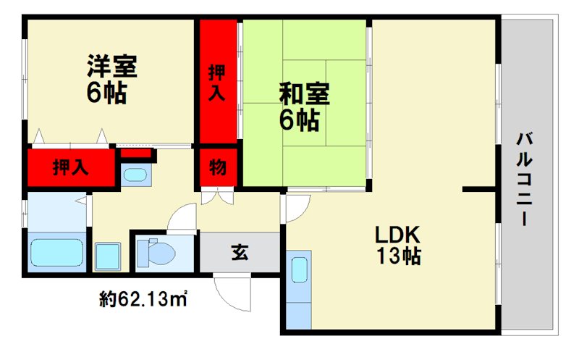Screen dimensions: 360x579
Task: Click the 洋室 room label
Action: point(111,67)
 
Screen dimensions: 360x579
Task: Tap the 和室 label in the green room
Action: point(305,94)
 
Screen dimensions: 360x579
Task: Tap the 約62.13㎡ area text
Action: point(144,297)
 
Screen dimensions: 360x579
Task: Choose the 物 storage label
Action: point(217,167)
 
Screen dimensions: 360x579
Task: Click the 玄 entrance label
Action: point(240,253)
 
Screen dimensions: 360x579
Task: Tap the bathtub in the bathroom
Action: point(57,252)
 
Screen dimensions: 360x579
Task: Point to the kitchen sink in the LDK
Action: point(298,269)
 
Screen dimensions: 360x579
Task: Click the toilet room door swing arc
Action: point(181,217)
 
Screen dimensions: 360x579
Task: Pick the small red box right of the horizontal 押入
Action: point(136,153)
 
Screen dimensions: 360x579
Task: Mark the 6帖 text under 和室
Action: point(299,120)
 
